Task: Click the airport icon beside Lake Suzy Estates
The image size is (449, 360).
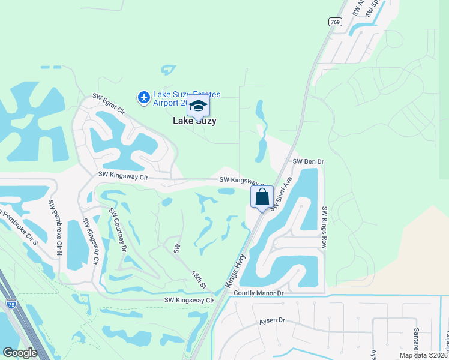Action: [x=143, y=97]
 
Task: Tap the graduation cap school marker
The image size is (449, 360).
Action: [x=198, y=107]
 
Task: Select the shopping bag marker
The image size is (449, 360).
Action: [x=262, y=197]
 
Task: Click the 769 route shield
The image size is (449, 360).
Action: [x=335, y=22]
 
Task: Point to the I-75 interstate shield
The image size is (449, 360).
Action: [x=11, y=304]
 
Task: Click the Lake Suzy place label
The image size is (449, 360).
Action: [x=194, y=121]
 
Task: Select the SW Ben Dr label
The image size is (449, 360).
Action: [x=308, y=162]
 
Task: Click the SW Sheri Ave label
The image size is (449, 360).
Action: [x=281, y=193]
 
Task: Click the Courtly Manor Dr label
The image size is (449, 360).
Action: [x=258, y=293]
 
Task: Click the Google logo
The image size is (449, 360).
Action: [x=20, y=353]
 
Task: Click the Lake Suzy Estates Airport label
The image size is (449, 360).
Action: [x=187, y=98]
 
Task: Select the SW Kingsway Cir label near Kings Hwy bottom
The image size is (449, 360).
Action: [x=189, y=300]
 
